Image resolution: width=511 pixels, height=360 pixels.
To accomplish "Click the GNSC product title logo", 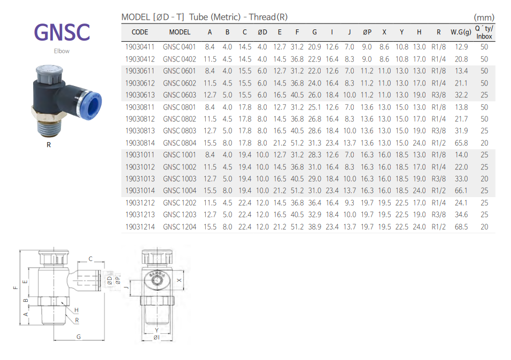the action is tap(62, 32).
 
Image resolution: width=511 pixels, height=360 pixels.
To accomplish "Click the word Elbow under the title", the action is tap(61, 51).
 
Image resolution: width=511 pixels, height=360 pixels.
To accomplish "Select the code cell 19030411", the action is tap(140, 47).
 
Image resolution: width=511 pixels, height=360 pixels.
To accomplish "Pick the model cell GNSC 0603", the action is tap(180, 95).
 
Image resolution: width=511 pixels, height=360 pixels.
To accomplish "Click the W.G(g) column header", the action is tap(461, 32).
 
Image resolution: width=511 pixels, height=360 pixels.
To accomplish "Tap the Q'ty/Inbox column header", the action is tap(484, 32).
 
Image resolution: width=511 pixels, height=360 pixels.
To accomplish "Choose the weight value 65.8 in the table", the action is tap(461, 143).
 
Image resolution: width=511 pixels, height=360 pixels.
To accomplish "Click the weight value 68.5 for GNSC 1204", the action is tap(461, 227).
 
